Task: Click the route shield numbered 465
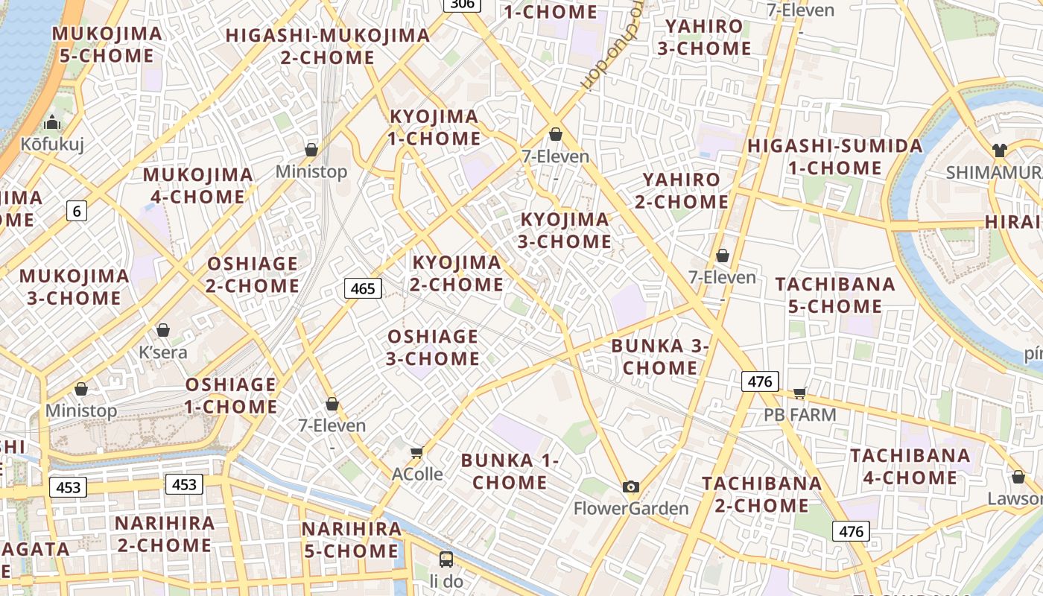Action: [363, 288]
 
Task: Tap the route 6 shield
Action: [77, 211]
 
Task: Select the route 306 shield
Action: [462, 4]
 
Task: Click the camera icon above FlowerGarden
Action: [631, 487]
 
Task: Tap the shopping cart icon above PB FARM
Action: [800, 393]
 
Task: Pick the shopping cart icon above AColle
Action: [417, 452]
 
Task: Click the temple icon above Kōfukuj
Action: [52, 122]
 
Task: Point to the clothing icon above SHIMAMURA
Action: [1000, 150]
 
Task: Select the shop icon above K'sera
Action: [163, 330]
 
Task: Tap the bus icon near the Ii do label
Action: [446, 559]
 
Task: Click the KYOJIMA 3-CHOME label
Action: [565, 230]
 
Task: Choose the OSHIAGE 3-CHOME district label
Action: [432, 347]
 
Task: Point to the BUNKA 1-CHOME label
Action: [510, 471]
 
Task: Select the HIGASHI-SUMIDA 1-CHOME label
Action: [834, 156]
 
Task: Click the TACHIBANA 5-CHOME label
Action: [835, 295]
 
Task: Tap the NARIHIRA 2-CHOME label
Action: [165, 533]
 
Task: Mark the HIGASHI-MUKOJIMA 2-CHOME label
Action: [328, 46]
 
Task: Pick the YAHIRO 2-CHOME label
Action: [682, 191]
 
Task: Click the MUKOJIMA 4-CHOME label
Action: [198, 186]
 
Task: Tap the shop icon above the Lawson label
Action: [1018, 477]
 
